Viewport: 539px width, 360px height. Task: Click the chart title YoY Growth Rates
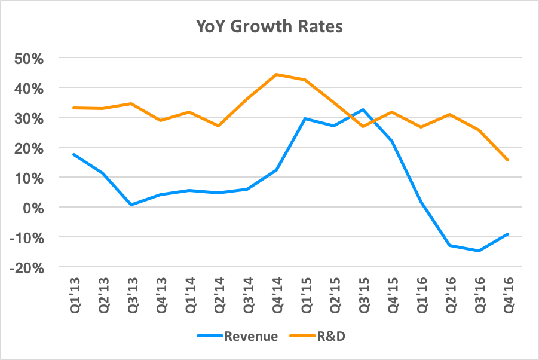click(x=269, y=27)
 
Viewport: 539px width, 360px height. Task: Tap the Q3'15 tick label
click(x=363, y=292)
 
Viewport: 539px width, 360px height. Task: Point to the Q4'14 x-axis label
click(x=276, y=292)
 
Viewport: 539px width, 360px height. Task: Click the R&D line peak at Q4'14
click(x=276, y=75)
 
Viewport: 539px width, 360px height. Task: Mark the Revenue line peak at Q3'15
click(x=363, y=109)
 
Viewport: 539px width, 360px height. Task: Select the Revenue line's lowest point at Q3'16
click(x=479, y=251)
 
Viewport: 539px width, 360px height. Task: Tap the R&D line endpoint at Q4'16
click(x=507, y=160)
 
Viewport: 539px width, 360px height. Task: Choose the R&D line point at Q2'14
click(x=218, y=126)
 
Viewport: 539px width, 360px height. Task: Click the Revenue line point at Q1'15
click(x=305, y=118)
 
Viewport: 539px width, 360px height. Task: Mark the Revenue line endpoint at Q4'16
click(x=507, y=234)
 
